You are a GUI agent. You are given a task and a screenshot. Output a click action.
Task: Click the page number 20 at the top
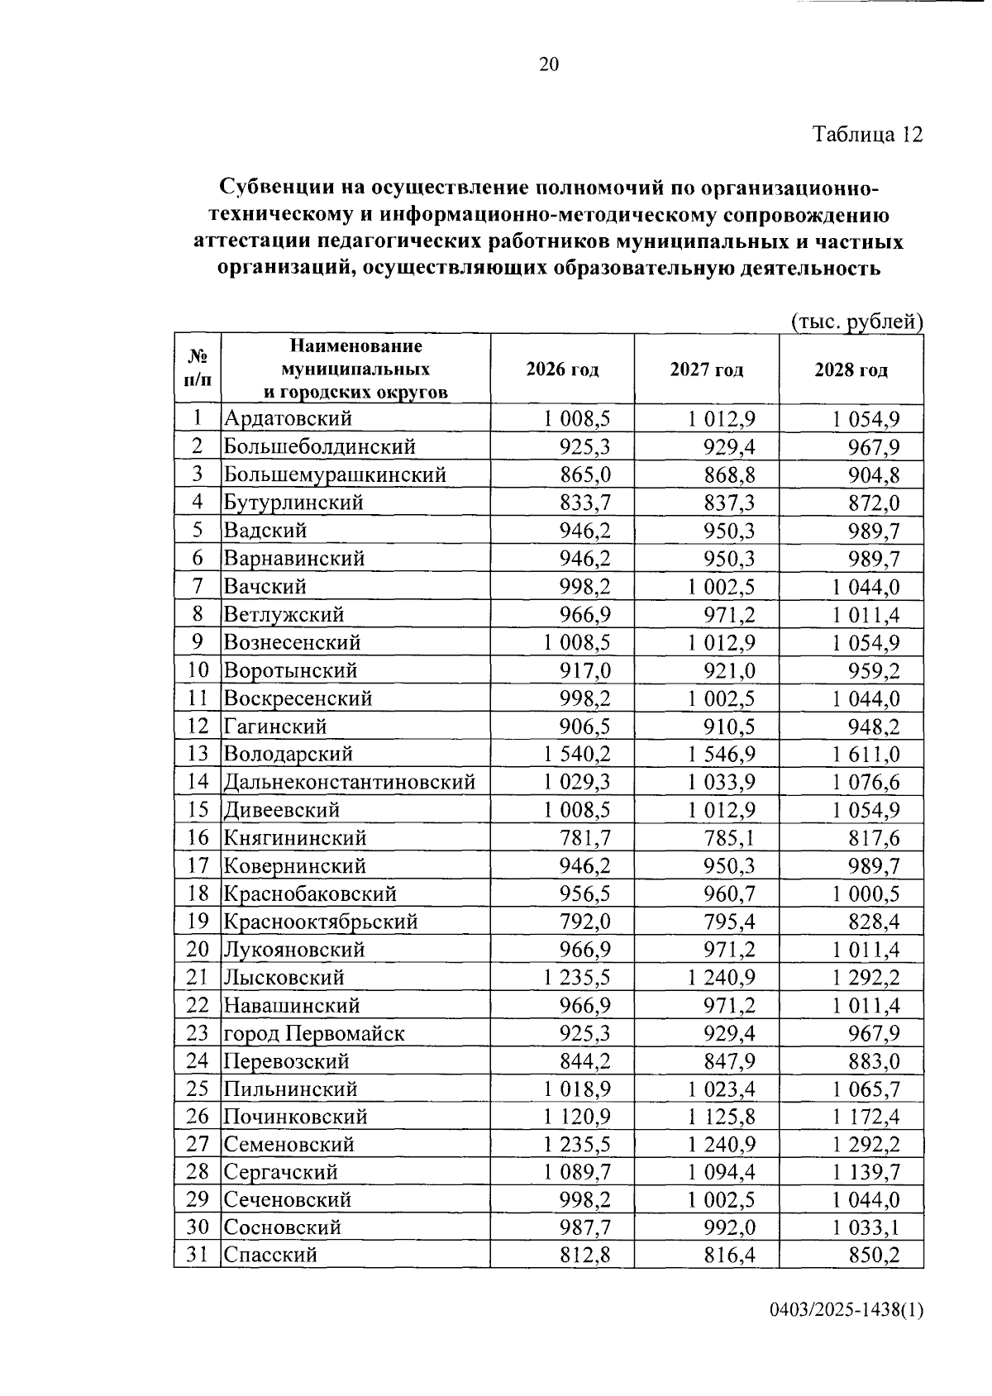[549, 64]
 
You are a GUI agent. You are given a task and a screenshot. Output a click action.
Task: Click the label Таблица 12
[867, 134]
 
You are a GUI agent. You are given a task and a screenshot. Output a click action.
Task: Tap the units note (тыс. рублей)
[856, 321]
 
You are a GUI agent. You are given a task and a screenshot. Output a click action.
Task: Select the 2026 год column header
[562, 369]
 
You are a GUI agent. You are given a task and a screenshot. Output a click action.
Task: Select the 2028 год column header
[851, 369]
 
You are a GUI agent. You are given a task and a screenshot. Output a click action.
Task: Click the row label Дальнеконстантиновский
[350, 782]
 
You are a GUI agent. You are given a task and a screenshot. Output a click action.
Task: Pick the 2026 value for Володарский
[576, 754]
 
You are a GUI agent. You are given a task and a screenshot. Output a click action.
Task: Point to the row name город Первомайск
[314, 1034]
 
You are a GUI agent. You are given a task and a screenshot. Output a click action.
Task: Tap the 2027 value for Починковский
[721, 1117]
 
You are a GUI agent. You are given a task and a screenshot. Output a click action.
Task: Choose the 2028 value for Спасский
[874, 1255]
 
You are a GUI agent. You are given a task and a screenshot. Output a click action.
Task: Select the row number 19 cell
[198, 922]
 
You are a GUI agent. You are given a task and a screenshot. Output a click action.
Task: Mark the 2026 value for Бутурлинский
[585, 503]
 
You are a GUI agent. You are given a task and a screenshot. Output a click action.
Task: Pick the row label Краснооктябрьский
[321, 922]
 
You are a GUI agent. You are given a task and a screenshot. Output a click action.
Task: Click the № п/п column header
[198, 369]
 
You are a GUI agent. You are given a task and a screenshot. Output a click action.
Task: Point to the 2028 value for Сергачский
[866, 1173]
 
